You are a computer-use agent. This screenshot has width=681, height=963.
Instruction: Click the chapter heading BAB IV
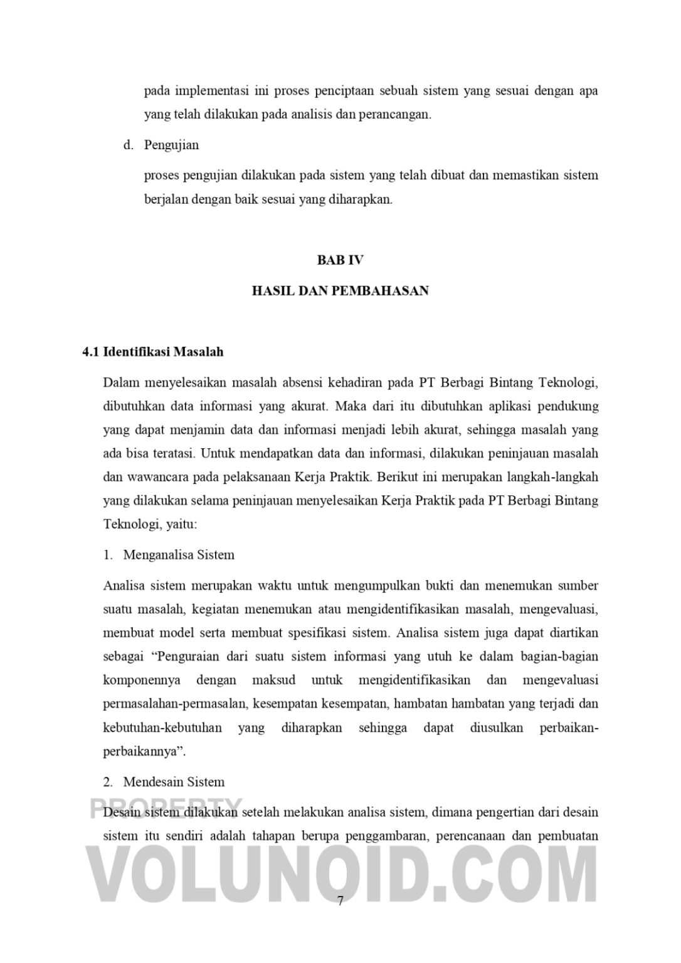(340, 260)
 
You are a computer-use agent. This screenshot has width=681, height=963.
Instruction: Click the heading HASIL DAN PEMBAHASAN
(340, 291)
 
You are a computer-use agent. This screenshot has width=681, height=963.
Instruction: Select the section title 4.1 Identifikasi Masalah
(152, 352)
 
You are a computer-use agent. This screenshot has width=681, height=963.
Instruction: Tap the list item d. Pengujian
(161, 145)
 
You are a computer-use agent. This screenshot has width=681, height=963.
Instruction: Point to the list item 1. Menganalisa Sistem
(169, 555)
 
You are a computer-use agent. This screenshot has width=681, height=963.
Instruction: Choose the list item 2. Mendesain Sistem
(164, 782)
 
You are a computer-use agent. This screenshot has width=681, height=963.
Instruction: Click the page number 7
(340, 901)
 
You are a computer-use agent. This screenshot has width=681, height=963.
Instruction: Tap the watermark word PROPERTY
(166, 807)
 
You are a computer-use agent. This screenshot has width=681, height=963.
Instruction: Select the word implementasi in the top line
(211, 91)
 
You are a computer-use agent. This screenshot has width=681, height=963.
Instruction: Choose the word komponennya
(142, 680)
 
